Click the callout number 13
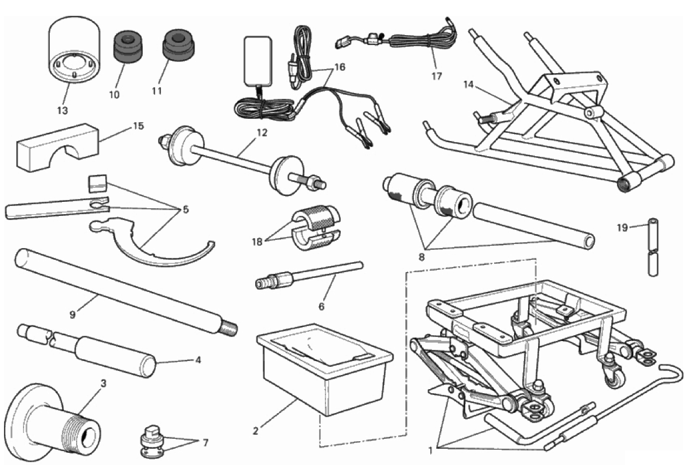pos(62,111)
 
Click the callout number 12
pos(262,133)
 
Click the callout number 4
pos(198,360)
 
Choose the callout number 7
pos(205,443)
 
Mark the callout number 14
pos(468,84)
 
